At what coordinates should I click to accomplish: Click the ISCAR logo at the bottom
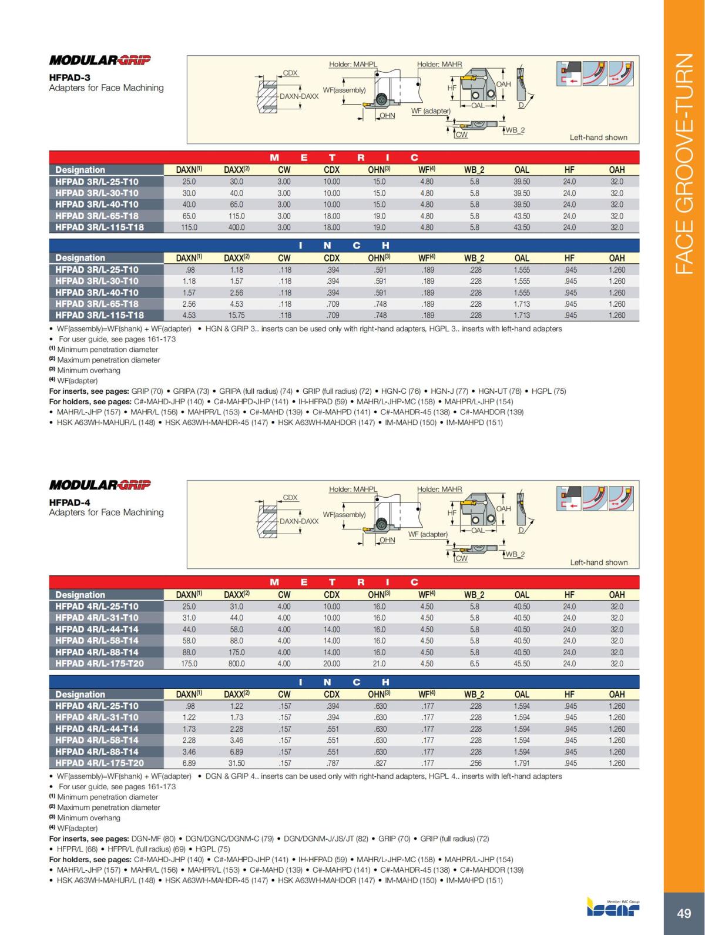(613, 907)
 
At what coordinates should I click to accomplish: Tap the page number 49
(684, 914)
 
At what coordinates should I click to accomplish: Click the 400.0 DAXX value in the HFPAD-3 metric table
(236, 227)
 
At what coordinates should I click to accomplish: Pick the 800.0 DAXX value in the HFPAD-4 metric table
(236, 663)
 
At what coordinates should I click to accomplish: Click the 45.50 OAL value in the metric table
(521, 663)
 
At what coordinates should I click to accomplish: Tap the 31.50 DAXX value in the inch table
(236, 763)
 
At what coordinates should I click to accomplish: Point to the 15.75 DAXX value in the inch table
(236, 315)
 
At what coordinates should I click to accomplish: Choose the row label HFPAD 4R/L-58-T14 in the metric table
(97, 641)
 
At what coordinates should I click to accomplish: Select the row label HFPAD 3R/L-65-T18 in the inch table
(97, 304)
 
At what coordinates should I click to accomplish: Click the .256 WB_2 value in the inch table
(475, 763)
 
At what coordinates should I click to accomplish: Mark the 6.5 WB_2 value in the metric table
(475, 663)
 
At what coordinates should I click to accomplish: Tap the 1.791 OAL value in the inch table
(521, 763)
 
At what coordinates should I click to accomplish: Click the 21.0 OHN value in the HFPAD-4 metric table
(380, 663)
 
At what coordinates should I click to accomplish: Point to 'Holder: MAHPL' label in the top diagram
(352, 64)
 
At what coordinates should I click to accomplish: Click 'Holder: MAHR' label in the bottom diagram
(439, 489)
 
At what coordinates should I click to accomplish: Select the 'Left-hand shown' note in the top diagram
(598, 138)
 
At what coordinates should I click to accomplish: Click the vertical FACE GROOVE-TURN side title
(684, 165)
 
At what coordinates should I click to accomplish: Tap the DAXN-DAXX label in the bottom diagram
(299, 521)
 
